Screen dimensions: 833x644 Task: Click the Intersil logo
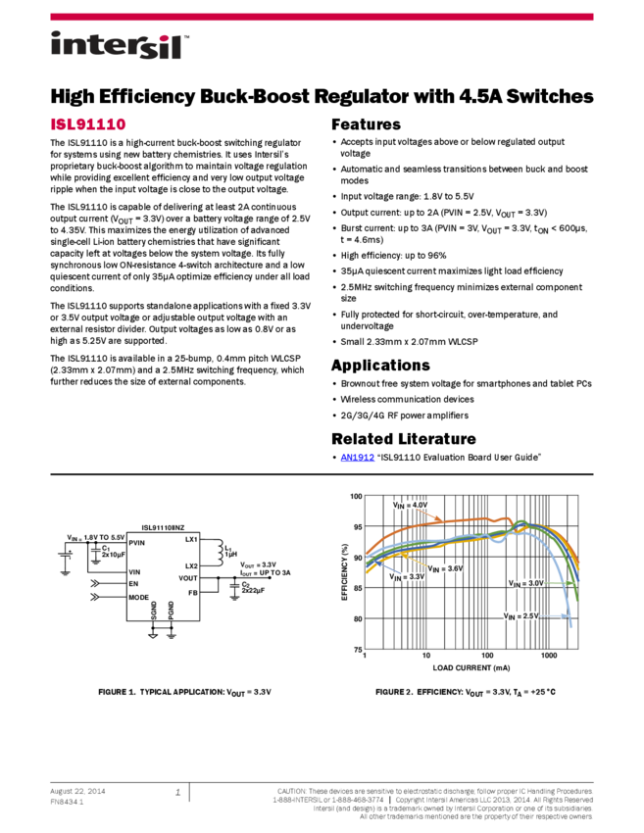pos(120,46)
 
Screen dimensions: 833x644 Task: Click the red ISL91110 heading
pos(88,124)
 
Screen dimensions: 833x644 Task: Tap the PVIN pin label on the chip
pos(137,542)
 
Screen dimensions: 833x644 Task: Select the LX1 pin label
pos(191,539)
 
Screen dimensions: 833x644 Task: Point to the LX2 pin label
pos(191,566)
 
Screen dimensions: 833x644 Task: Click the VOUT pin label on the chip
pos(187,578)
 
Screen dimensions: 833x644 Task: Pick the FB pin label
pos(193,593)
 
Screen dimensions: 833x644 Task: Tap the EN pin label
pos(133,583)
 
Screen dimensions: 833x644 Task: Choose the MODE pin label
pos(138,597)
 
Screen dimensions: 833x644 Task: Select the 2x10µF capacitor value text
pos(114,555)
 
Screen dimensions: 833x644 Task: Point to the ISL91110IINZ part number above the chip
pos(163,527)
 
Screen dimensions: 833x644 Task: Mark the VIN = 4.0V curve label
pos(411,505)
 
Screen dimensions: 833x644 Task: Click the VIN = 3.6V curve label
pos(445,568)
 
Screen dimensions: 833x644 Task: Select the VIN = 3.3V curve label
pos(407,577)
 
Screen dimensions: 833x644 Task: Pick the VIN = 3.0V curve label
pos(525,583)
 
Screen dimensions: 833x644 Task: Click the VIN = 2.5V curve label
pos(520,615)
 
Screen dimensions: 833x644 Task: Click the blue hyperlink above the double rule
pos(357,458)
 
